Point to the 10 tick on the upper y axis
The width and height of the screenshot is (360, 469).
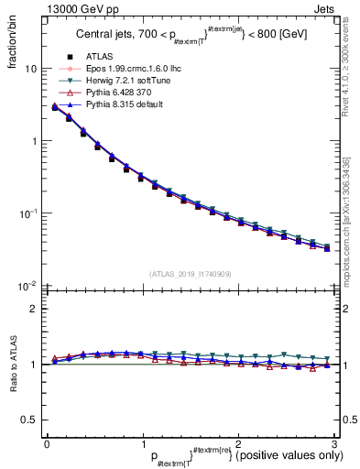tap(30, 69)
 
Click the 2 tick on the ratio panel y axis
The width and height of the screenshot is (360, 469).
tap(34, 309)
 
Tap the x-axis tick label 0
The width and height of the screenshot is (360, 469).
tap(47, 443)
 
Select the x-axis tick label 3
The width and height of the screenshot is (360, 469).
tap(334, 443)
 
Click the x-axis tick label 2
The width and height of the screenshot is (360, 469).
tap(238, 443)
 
